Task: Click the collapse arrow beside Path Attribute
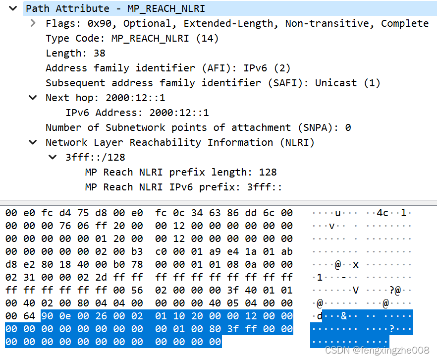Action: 13,8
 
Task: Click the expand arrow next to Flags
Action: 33,23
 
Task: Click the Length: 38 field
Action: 75,53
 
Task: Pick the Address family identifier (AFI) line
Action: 168,68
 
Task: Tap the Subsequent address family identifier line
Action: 213,83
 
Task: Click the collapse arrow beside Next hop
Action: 33,98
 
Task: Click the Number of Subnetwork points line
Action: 198,127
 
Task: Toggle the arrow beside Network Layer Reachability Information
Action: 33,142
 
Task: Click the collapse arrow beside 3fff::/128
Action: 53,157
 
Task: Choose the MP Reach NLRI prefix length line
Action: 180,172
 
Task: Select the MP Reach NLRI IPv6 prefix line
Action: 183,187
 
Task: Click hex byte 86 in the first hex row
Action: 248,213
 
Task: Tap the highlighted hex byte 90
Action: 47,316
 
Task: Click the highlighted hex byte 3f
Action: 233,329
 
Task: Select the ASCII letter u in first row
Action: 338,213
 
